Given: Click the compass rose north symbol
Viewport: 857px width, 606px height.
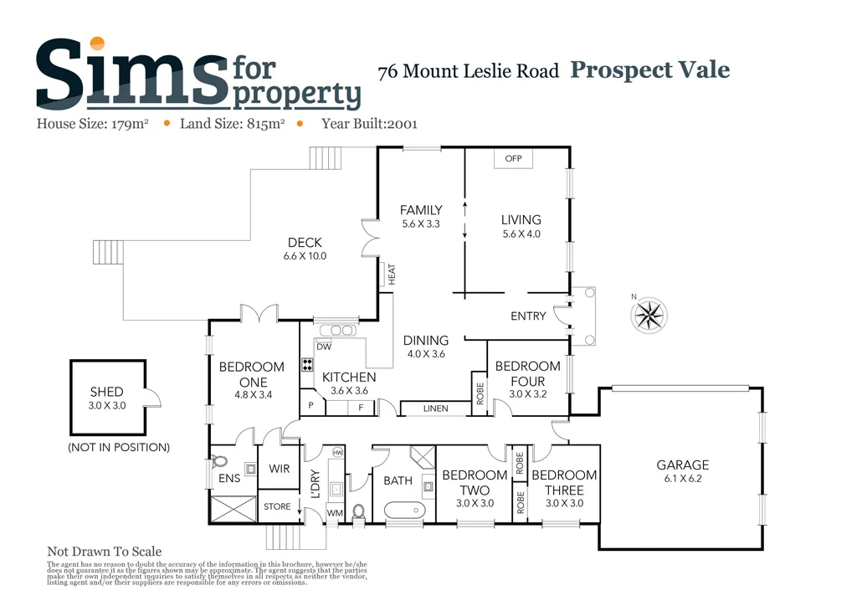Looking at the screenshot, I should (650, 314).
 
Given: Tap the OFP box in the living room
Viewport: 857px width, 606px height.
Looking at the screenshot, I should (513, 158).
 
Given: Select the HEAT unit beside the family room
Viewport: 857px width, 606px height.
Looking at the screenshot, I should (387, 275).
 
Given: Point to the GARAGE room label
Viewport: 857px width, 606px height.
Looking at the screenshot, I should (682, 465).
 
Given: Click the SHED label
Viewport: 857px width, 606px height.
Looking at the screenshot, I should (106, 392).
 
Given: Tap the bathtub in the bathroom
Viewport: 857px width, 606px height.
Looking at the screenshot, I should (405, 509).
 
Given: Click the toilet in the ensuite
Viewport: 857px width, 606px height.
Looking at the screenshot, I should (219, 461).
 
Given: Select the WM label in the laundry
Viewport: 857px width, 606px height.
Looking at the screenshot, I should (334, 512).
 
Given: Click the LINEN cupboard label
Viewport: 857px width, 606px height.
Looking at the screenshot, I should (435, 408).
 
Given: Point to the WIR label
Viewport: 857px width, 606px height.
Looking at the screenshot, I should (279, 470).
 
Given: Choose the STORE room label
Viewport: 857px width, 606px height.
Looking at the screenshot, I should (277, 506).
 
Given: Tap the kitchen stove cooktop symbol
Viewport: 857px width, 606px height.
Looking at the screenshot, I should (307, 364).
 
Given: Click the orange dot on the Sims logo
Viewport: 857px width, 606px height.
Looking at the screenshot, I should (98, 44).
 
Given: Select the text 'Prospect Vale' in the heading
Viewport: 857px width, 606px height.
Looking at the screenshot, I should (649, 70).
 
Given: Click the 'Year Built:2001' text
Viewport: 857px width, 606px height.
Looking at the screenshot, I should (369, 124).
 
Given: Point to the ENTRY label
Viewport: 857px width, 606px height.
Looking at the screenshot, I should (528, 316).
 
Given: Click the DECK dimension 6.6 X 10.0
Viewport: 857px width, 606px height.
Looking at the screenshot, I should (305, 256).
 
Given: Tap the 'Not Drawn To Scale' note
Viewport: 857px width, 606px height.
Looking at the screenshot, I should (104, 552).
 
